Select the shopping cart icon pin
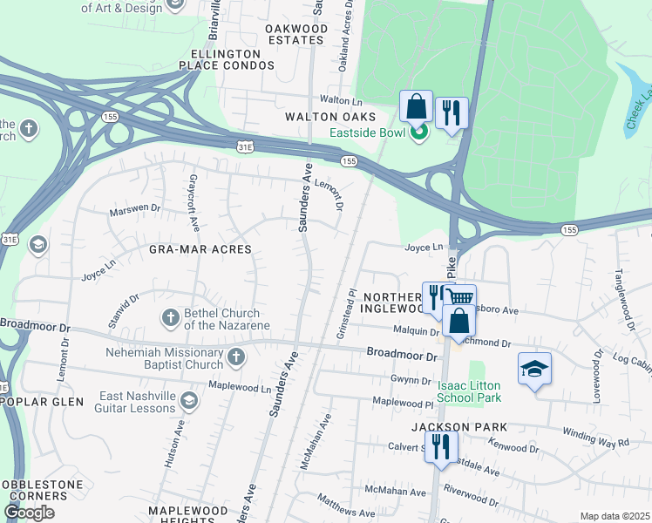coord(461,299)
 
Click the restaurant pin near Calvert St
coord(440,447)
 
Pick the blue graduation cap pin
coord(534,369)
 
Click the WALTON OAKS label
coord(329,117)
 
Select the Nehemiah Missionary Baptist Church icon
coord(235,357)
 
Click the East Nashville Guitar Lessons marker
coord(190,401)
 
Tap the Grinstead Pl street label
coord(347,315)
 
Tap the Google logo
coord(30,513)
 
